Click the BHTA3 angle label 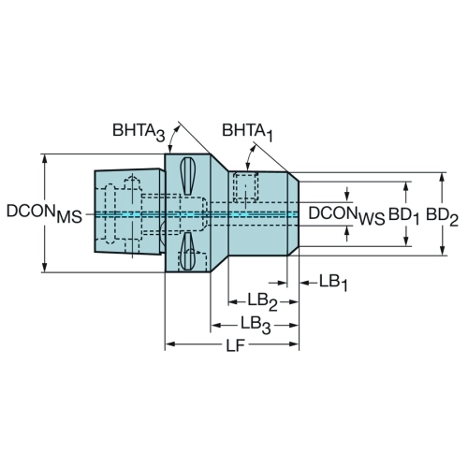(x=139, y=132)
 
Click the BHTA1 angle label (x=247, y=132)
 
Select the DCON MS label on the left (x=44, y=213)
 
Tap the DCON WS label (x=346, y=214)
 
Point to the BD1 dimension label (x=404, y=216)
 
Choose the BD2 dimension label (x=442, y=216)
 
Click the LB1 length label (x=333, y=283)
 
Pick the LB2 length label (x=263, y=302)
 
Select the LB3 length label (x=256, y=325)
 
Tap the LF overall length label (x=235, y=345)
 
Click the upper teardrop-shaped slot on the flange (x=188, y=176)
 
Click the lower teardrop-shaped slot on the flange (x=187, y=251)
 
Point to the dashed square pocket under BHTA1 (x=246, y=187)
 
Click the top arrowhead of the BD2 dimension (x=442, y=178)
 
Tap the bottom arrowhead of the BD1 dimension (x=406, y=241)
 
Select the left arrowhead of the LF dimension (x=170, y=344)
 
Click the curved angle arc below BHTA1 (x=250, y=157)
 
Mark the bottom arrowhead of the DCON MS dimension (x=45, y=267)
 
